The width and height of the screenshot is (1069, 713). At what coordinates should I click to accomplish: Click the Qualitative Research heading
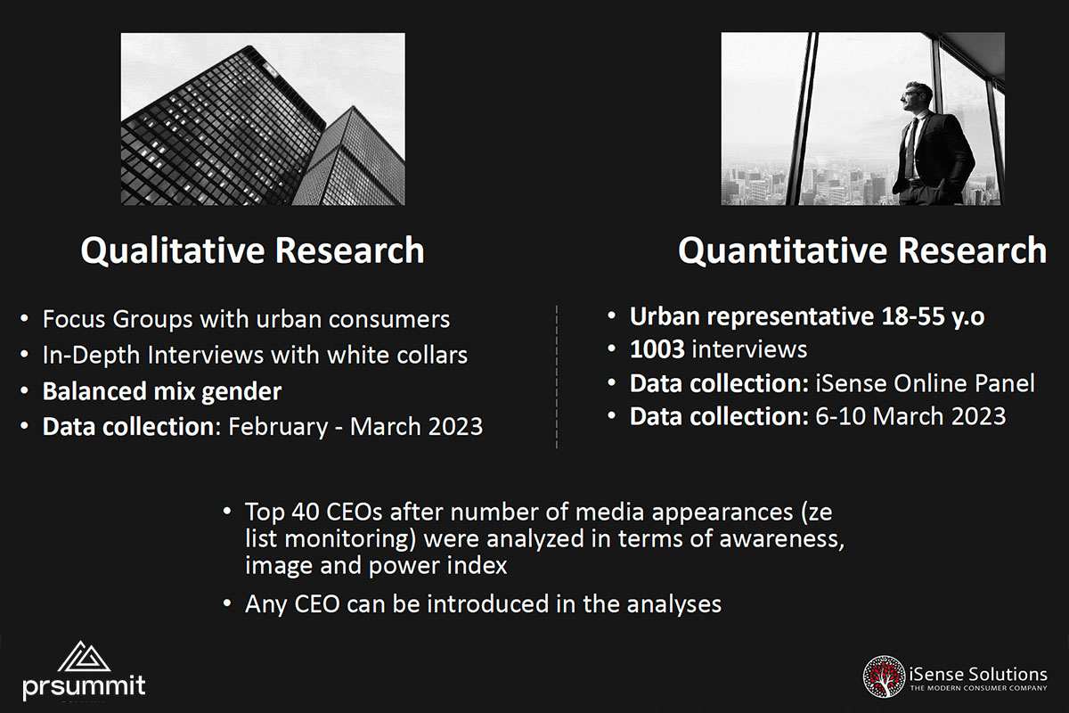[x=252, y=250]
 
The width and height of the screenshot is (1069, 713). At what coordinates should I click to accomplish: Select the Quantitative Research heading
[x=862, y=250]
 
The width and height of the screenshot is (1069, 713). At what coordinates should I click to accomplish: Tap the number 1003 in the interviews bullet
[x=657, y=349]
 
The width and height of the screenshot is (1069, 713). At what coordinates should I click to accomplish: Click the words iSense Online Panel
[x=926, y=383]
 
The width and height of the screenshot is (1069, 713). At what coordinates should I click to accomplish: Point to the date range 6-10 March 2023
[x=910, y=416]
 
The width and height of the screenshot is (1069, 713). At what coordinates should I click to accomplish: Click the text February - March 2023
[x=355, y=426]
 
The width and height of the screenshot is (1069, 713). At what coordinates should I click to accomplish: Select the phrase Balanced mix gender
[x=162, y=391]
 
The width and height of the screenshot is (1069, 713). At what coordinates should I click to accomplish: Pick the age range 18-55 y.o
[x=933, y=316]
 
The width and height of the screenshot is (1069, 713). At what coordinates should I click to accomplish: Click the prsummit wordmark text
[x=84, y=686]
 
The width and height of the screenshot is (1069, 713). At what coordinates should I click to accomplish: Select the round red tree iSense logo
[x=884, y=676]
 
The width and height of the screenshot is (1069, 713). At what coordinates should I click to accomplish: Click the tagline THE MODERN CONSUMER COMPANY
[x=978, y=688]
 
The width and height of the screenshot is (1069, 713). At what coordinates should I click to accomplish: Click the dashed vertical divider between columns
[x=557, y=376]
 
